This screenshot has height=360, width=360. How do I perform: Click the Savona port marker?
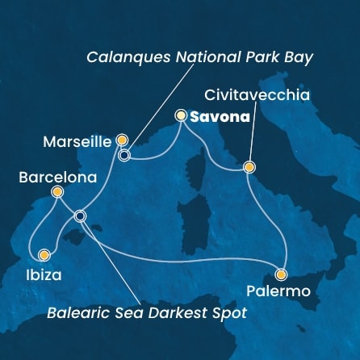click(181, 116)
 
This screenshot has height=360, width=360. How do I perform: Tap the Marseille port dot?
click(122, 140)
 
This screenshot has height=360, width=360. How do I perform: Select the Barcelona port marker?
click(57, 192)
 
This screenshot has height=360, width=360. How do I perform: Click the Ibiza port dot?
click(44, 255)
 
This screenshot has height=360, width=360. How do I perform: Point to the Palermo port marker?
click(281, 274)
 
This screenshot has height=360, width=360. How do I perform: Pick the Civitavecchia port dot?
click(249, 168)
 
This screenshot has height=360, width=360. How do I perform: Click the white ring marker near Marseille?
click(123, 155)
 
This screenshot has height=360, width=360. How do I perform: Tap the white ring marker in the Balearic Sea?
click(79, 216)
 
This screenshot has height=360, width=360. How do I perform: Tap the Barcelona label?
click(50, 177)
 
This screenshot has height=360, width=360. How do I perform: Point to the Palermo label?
click(284, 290)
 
